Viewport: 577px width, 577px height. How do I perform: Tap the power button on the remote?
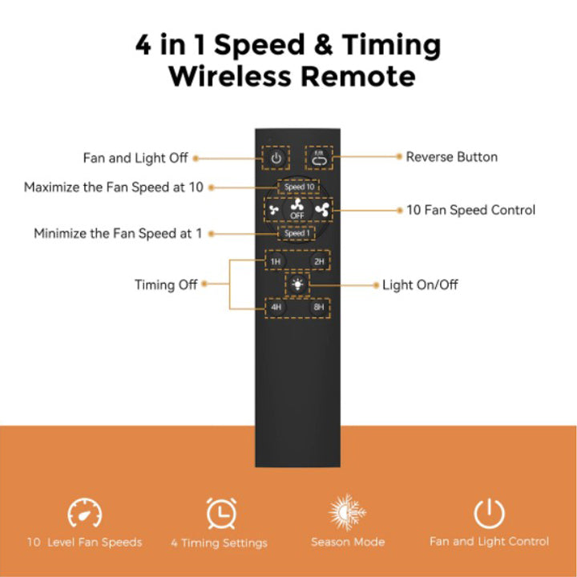point(276,158)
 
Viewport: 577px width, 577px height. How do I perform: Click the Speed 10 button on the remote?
point(299,187)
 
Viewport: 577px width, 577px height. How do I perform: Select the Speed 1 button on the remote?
point(297,233)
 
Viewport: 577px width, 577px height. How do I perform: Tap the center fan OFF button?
point(297,209)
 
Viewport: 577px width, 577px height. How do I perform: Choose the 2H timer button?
point(319,261)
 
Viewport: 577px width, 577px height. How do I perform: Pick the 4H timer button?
point(276,307)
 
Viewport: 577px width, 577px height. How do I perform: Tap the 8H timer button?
point(319,307)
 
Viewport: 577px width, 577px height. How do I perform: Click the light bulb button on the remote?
point(297,284)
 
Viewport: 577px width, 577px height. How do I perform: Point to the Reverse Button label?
point(451,157)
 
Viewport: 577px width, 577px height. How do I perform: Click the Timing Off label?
point(166,284)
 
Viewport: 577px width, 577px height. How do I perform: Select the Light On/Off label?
point(420,284)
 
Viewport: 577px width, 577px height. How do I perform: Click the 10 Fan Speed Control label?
point(470,210)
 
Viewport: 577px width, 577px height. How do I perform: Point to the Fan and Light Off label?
point(135,158)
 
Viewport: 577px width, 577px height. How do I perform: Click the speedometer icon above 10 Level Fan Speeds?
point(85,513)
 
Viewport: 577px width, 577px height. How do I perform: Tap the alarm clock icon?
point(221,513)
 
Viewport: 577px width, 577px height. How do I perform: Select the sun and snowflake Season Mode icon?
point(347,512)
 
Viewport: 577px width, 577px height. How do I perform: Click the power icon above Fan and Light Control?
point(489,513)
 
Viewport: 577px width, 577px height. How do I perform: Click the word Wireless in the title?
point(230,76)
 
